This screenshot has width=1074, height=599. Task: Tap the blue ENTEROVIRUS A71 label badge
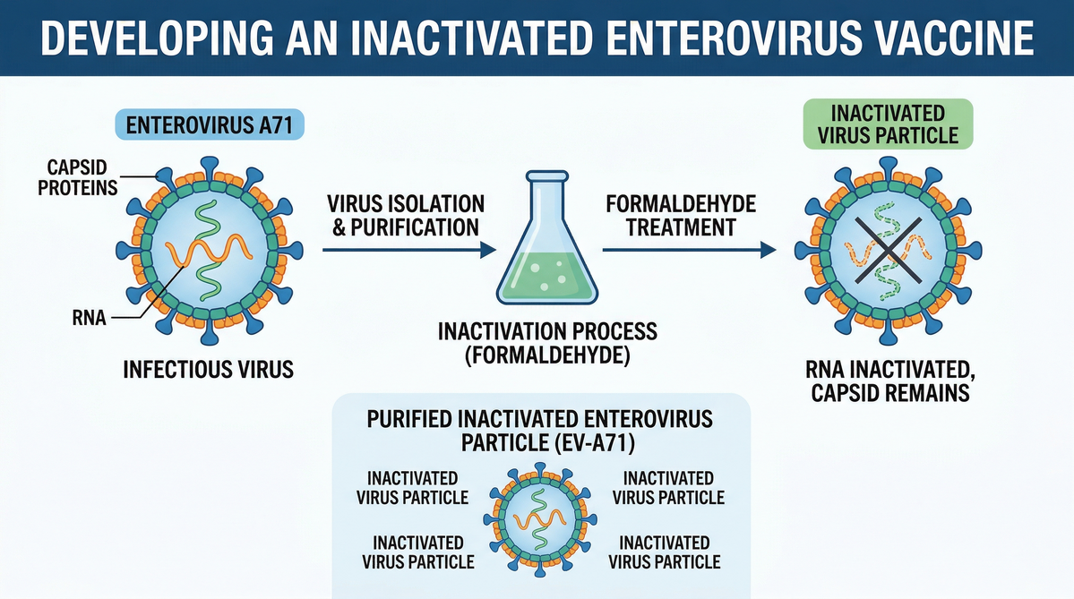[210, 125]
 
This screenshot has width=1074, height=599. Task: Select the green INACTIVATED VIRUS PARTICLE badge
[888, 124]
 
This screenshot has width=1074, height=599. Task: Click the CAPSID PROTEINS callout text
[77, 177]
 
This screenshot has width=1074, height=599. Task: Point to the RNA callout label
[89, 318]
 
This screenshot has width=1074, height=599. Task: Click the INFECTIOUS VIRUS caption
[208, 370]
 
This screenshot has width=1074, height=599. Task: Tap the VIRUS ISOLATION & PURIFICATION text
[406, 216]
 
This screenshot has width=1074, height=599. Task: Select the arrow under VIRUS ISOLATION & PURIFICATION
[409, 250]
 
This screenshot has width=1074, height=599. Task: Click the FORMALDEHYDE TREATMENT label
[681, 216]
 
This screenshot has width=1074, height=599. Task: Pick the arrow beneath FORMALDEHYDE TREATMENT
[689, 250]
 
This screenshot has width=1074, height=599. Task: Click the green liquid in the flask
[547, 278]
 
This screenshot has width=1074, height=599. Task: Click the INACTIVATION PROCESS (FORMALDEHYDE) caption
[547, 344]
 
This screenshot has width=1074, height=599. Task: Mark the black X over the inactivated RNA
[888, 251]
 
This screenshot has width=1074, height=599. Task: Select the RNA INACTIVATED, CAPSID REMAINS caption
[890, 381]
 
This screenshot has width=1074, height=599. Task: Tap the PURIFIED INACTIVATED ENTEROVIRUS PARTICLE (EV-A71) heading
[540, 431]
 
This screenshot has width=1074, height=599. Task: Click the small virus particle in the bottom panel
[540, 519]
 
